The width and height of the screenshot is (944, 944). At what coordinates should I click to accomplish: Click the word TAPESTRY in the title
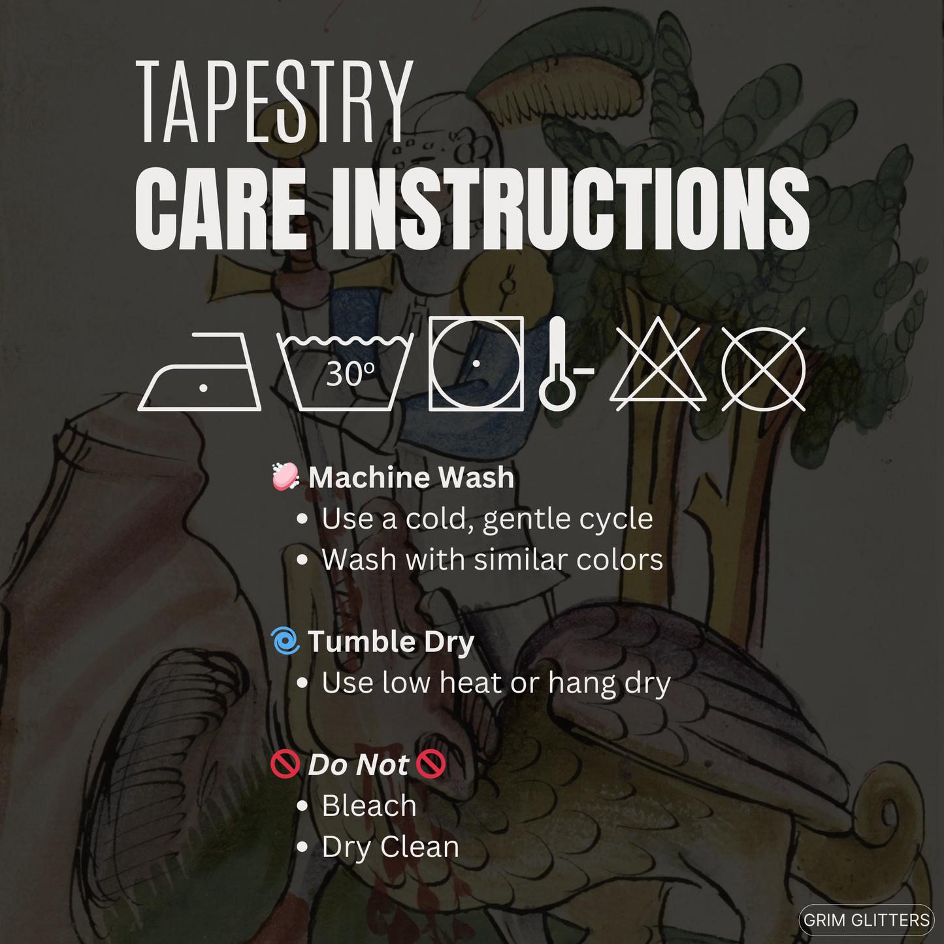coord(274,101)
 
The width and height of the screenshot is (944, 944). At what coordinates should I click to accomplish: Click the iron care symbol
coord(199,371)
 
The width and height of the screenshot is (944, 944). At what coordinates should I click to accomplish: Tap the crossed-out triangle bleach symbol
coord(658,365)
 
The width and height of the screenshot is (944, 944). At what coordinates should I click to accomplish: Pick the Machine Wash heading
coord(411,477)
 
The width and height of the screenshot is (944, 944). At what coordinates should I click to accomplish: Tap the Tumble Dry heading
coord(391,642)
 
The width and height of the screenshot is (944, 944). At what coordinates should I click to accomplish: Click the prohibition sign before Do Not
coord(285,765)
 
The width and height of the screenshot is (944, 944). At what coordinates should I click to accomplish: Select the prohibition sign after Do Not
coord(431,765)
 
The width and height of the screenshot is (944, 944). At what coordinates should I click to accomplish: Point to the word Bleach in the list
coord(369,806)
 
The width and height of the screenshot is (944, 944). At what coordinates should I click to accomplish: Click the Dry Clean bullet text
coord(391,847)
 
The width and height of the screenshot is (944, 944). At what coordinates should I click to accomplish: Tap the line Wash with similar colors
coord(493,559)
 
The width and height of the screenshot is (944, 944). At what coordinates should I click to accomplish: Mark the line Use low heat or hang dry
coord(496,683)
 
